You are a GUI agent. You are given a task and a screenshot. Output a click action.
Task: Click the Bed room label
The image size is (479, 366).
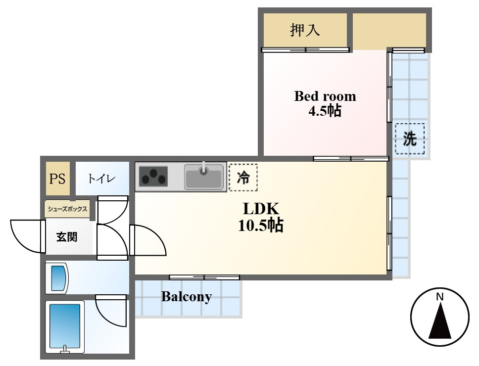pyautogui.click(x=325, y=96)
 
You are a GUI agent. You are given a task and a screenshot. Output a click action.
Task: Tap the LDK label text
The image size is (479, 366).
pyautogui.click(x=261, y=209)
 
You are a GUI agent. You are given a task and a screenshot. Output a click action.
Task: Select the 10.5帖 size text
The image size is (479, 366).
pyautogui.click(x=261, y=226)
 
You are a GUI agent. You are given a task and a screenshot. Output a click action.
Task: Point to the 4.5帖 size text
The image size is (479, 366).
pyautogui.click(x=325, y=111)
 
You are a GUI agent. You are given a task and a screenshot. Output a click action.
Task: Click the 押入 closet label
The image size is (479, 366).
pyautogui.click(x=305, y=30)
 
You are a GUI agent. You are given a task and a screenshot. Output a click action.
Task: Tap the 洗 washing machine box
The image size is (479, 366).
pyautogui.click(x=410, y=138)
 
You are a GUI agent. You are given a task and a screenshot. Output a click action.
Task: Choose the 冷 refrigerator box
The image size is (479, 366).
pyautogui.click(x=243, y=178)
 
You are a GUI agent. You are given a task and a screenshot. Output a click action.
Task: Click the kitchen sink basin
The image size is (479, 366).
pyautogui.click(x=204, y=177)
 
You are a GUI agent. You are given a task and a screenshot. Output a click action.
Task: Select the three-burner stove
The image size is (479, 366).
pyautogui.click(x=153, y=177)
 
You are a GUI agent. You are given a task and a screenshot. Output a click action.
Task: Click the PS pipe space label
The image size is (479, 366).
pyautogui.click(x=57, y=179)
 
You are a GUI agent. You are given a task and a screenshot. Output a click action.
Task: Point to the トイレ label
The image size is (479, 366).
pyautogui.click(x=101, y=178)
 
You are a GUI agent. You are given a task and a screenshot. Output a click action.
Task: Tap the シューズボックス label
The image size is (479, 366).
pyautogui.click(x=67, y=209)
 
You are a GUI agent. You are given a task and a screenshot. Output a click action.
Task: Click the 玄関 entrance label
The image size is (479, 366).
pyautogui.click(x=67, y=237)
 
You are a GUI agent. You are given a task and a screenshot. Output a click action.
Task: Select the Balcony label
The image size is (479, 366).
pyautogui.click(x=187, y=297)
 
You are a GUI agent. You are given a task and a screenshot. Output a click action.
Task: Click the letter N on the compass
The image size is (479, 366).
pyautogui.click(x=439, y=296)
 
